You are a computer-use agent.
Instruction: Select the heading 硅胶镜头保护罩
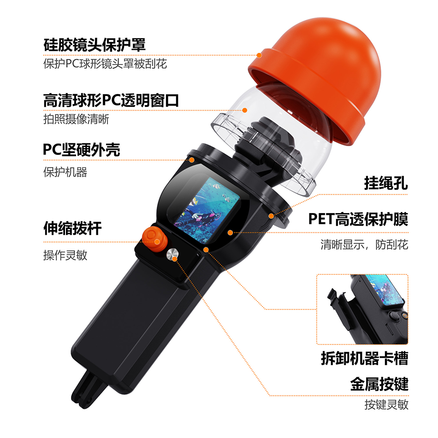click(x=95, y=45)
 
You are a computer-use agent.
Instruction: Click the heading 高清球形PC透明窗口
click(x=111, y=101)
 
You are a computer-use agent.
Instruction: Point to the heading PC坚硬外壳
click(x=82, y=150)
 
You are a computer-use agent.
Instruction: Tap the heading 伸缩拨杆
click(x=72, y=228)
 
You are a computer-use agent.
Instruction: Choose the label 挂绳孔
click(x=386, y=183)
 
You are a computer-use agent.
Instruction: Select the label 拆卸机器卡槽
click(x=365, y=358)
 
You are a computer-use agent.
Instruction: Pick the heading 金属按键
click(x=379, y=384)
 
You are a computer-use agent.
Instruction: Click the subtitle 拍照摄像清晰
click(x=76, y=119)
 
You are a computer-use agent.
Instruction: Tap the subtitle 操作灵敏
click(x=65, y=255)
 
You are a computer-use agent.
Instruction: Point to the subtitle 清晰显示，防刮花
click(x=364, y=244)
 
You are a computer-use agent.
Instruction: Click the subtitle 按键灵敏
click(x=386, y=404)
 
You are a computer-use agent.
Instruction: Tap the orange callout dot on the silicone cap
click(x=259, y=55)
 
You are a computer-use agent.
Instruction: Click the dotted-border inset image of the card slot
click(x=362, y=309)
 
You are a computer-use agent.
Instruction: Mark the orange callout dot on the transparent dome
click(x=245, y=110)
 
